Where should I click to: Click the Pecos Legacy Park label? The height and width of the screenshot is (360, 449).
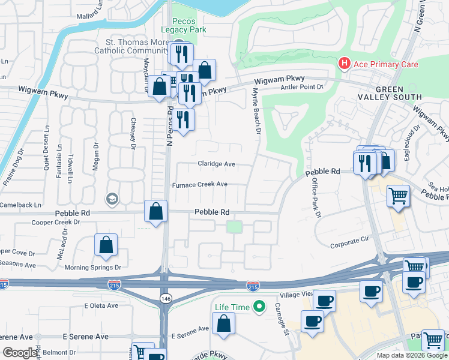pyautogui.click(x=184, y=25)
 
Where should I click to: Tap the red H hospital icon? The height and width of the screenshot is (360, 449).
pyautogui.click(x=344, y=63)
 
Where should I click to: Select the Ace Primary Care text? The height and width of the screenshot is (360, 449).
pyautogui.click(x=385, y=64)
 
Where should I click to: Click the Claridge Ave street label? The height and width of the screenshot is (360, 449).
pyautogui.click(x=216, y=164)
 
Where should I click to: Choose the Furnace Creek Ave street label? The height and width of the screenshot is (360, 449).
pyautogui.click(x=200, y=184)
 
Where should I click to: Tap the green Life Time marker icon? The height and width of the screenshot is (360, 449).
pyautogui.click(x=259, y=307)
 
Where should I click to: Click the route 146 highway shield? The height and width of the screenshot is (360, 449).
pyautogui.click(x=164, y=298)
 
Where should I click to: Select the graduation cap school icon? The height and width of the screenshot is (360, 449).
pyautogui.click(x=112, y=199)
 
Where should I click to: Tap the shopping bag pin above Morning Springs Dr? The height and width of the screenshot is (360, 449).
pyautogui.click(x=106, y=245)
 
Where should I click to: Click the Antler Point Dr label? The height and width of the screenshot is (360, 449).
pyautogui.click(x=302, y=87)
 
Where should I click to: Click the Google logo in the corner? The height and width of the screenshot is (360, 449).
pyautogui.click(x=20, y=353)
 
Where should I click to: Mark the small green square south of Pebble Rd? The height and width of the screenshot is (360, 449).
pyautogui.click(x=234, y=227)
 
